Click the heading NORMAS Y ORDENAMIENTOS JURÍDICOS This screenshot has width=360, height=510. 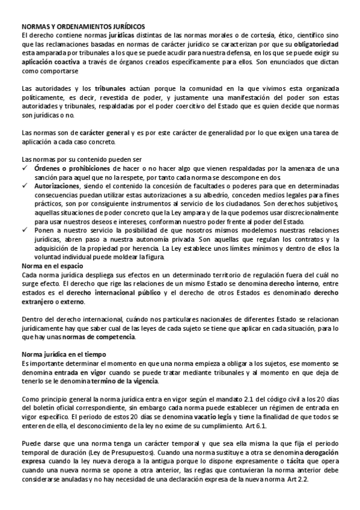click(x=83, y=27)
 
